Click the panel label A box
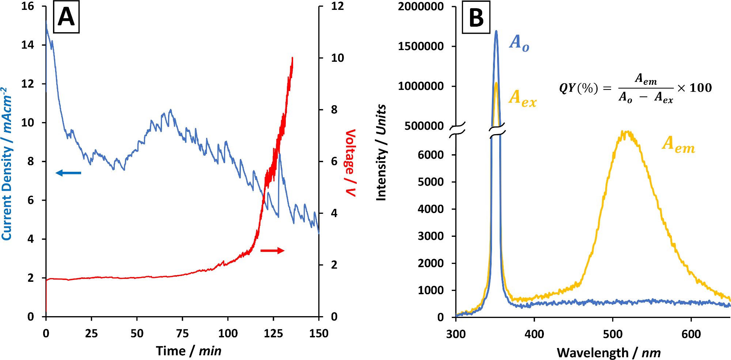click(x=66, y=18)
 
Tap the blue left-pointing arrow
click(x=68, y=173)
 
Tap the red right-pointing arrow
click(x=272, y=250)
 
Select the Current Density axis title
click(x=7, y=163)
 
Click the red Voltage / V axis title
click(x=350, y=163)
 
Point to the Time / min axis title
click(x=189, y=351)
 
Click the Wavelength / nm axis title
click(x=609, y=353)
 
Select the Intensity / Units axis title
click(x=381, y=152)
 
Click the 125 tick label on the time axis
click(x=273, y=333)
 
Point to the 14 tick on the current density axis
click(x=28, y=45)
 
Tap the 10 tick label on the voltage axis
click(x=337, y=58)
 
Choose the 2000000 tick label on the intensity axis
click(x=421, y=7)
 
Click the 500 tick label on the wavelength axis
click(x=613, y=334)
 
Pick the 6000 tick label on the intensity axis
click(x=431, y=155)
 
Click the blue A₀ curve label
click(x=519, y=43)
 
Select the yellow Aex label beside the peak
click(x=522, y=99)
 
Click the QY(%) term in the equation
click(x=578, y=88)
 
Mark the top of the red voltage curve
click(x=292, y=58)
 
